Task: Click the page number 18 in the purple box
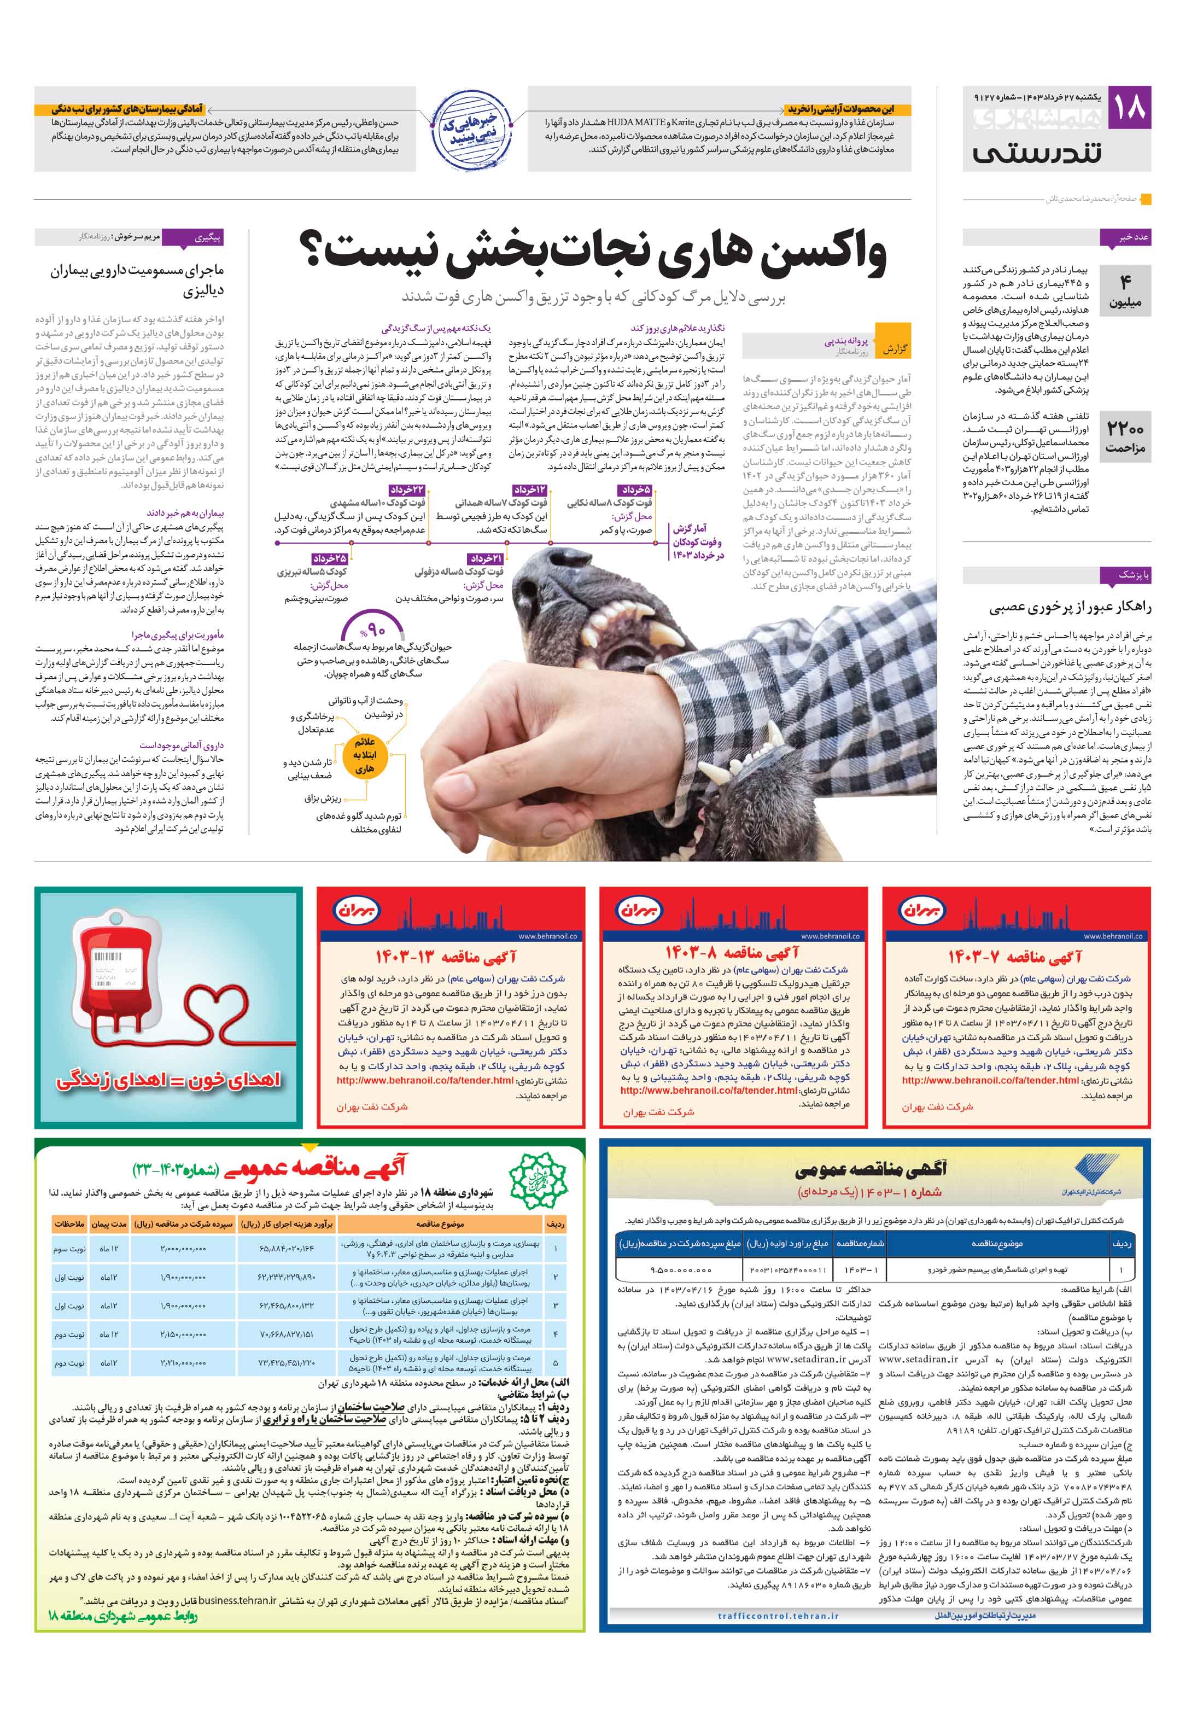(1130, 108)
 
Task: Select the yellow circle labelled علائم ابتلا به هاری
(365, 755)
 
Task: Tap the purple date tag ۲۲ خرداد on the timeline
(407, 489)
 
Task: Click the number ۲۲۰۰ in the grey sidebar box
(1125, 429)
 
